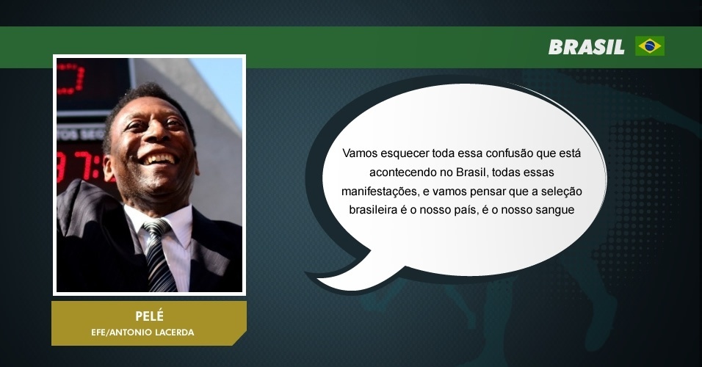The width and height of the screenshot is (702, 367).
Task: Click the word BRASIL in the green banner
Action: tap(587, 46)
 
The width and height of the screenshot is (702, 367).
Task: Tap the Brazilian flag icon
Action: tap(650, 46)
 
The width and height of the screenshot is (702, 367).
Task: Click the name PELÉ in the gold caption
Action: tap(150, 316)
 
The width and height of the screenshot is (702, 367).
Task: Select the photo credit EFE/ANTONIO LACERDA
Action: tap(142, 333)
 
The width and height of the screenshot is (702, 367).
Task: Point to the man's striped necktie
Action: tap(159, 255)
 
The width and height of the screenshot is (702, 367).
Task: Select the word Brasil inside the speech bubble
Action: tap(470, 172)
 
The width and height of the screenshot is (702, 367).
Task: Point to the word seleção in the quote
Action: tap(562, 192)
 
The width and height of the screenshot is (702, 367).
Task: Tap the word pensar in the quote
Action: tap(489, 192)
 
